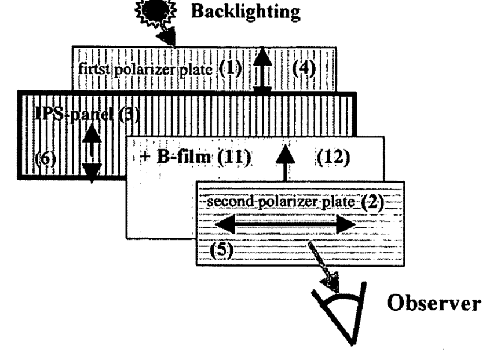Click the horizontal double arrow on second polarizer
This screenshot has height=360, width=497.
[x=284, y=225]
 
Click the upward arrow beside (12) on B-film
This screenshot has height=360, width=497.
[x=285, y=162]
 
